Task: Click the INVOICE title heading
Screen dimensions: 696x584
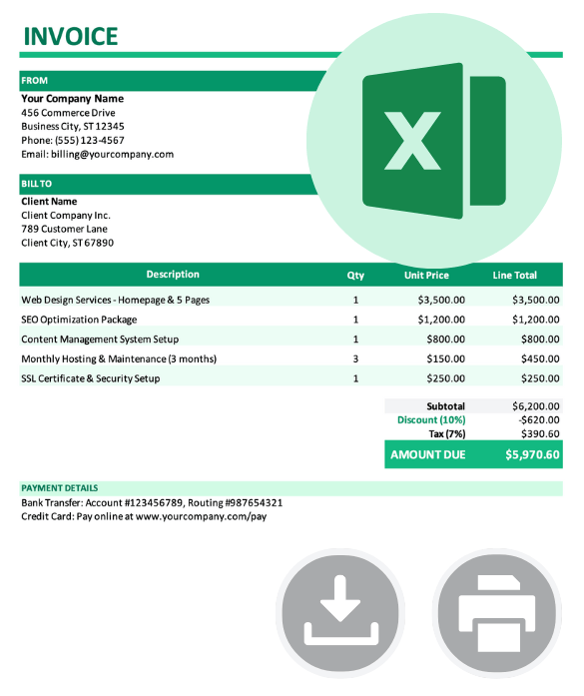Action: tap(70, 37)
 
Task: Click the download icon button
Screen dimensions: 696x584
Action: tap(340, 613)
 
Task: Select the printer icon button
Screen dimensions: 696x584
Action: tap(496, 613)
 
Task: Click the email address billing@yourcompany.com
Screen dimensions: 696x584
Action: tap(98, 155)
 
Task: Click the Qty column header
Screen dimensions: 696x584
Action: tap(355, 276)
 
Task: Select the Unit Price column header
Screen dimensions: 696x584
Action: tap(426, 276)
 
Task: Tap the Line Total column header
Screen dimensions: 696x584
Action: tap(514, 276)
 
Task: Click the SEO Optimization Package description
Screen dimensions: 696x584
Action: tap(79, 320)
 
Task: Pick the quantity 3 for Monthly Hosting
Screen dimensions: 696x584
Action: tap(355, 358)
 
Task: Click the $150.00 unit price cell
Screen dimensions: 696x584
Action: tap(441, 358)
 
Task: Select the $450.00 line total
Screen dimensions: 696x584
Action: tap(536, 358)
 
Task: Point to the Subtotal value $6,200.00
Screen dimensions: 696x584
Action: tap(536, 406)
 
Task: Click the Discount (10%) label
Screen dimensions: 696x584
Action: tap(431, 420)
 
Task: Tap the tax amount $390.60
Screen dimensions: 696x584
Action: tap(539, 433)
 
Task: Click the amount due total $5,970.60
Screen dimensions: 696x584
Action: tap(532, 455)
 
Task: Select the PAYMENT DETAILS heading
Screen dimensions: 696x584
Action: tap(61, 488)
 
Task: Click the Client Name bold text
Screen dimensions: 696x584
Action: tap(49, 202)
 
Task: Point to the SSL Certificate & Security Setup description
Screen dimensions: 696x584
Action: tap(90, 378)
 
